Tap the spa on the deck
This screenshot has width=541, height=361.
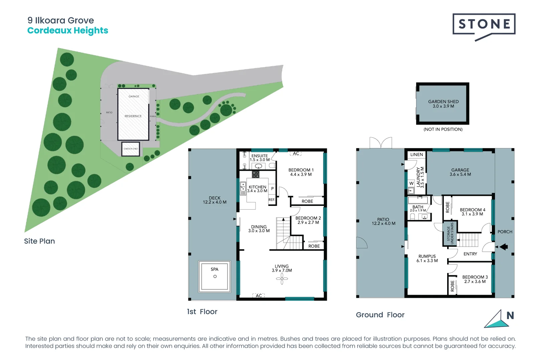214,276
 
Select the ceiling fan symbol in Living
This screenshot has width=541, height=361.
282,278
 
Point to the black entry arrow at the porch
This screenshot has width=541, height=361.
504,247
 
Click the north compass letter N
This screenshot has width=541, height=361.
510,316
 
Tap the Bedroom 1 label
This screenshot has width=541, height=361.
301,170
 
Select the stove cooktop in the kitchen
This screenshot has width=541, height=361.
255,174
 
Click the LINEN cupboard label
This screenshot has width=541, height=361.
416,154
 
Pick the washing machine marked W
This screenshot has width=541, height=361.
411,183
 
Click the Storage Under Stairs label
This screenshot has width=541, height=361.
450,233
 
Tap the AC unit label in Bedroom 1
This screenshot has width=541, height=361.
296,153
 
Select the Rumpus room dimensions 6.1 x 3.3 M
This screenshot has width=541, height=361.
427,261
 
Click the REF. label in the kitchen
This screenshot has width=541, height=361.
272,200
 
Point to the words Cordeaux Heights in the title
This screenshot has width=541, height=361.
67,30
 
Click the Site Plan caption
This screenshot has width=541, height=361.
39,241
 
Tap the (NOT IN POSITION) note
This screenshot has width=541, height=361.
443,129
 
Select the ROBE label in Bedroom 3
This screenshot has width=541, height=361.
452,286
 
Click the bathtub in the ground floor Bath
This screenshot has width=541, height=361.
418,200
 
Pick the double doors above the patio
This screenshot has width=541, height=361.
381,143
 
